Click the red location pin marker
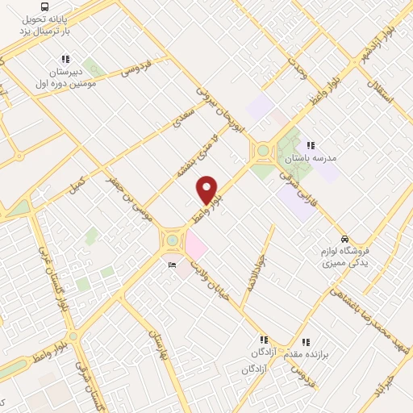[x=207, y=190]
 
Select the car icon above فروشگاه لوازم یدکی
[x=345, y=240]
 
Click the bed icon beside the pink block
[x=172, y=265]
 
